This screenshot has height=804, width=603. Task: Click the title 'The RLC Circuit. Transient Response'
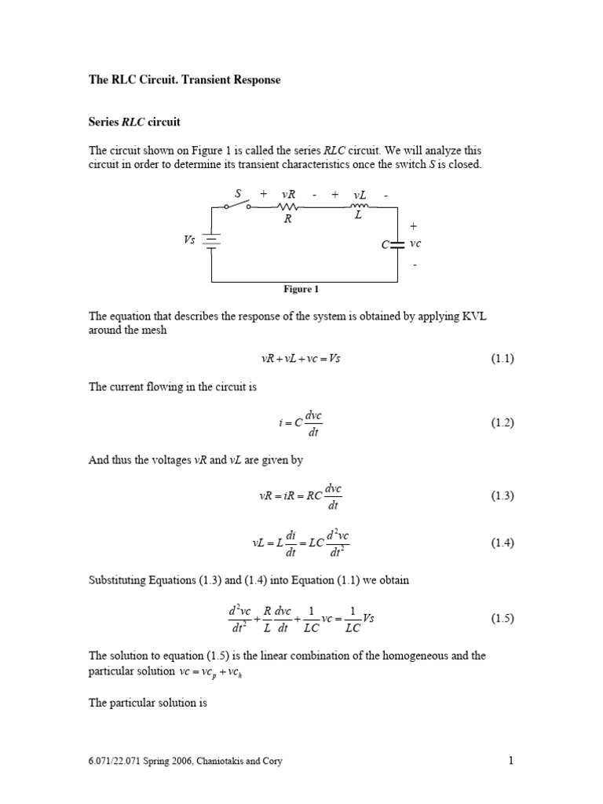click(x=184, y=81)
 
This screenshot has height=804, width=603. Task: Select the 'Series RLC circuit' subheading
click(x=134, y=122)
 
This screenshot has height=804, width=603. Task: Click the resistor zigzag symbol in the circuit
click(x=287, y=207)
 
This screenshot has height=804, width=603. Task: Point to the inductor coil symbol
click(x=360, y=207)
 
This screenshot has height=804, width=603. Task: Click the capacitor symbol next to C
click(x=397, y=245)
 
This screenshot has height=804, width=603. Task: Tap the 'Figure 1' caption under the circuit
click(x=301, y=289)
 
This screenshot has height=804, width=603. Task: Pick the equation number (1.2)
click(x=502, y=422)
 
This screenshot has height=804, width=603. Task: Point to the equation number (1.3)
click(x=502, y=495)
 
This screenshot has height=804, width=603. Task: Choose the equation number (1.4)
click(x=502, y=543)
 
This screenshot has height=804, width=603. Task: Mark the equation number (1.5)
click(x=502, y=618)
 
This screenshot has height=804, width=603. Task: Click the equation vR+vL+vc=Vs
click(x=300, y=358)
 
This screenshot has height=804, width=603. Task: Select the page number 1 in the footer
click(x=510, y=760)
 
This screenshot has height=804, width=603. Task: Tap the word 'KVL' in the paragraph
click(x=481, y=316)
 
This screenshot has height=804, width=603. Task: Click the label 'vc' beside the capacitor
click(x=415, y=244)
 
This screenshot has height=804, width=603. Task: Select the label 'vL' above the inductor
click(x=360, y=194)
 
